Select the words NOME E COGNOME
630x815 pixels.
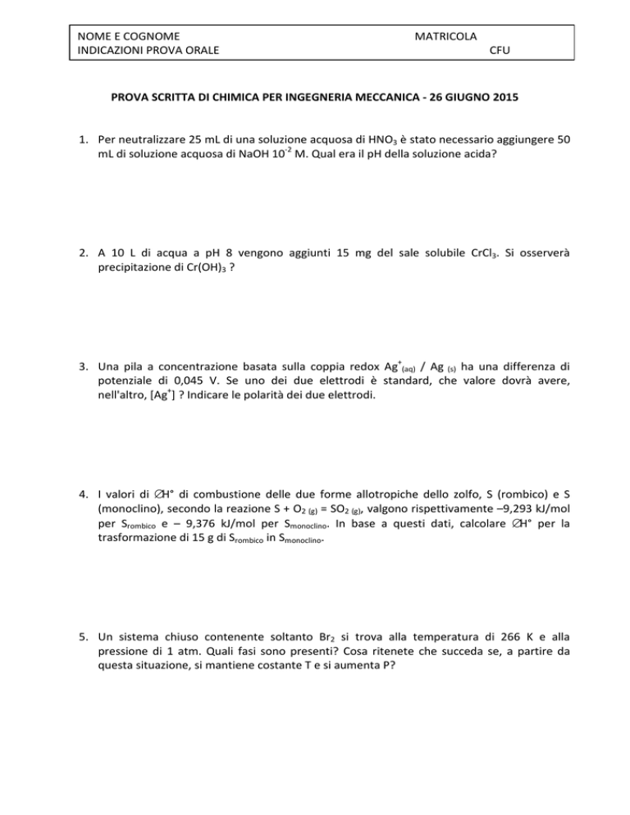(127, 36)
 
